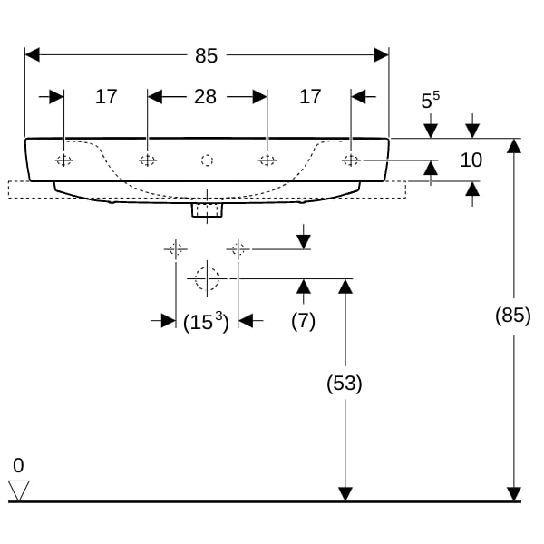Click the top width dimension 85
pyautogui.click(x=206, y=55)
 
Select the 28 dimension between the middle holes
pyautogui.click(x=205, y=96)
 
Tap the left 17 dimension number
pyautogui.click(x=106, y=96)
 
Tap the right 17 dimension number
pyautogui.click(x=310, y=96)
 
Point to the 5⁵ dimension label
pyautogui.click(x=430, y=100)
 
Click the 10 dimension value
pyautogui.click(x=471, y=160)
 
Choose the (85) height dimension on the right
pyautogui.click(x=513, y=316)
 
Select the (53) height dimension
pyautogui.click(x=345, y=384)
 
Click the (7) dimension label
pyautogui.click(x=303, y=321)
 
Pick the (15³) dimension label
pyautogui.click(x=206, y=322)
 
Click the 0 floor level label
pyautogui.click(x=18, y=466)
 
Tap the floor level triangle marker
pyautogui.click(x=19, y=491)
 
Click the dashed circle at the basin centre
pyautogui.click(x=207, y=160)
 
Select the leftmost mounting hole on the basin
pyautogui.click(x=64, y=160)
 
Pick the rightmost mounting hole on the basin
pyautogui.click(x=351, y=160)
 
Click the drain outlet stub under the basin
pyautogui.click(x=207, y=210)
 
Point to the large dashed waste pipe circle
pyautogui.click(x=207, y=278)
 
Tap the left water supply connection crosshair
pyautogui.click(x=176, y=249)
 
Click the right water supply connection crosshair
pyautogui.click(x=238, y=249)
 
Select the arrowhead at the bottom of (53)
pyautogui.click(x=345, y=494)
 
